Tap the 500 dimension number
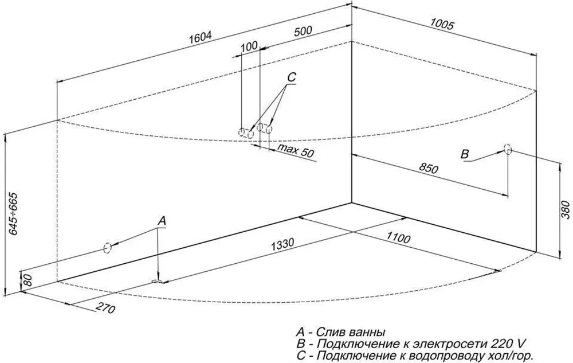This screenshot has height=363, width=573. [303, 32]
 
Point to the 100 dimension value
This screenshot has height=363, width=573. [249, 46]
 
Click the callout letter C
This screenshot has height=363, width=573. [291, 77]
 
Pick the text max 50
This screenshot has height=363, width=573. [296, 152]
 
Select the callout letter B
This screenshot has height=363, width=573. [465, 154]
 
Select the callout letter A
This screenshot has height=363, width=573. [162, 221]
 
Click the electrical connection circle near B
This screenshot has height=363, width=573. [507, 149]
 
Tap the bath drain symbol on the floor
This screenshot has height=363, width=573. [157, 281]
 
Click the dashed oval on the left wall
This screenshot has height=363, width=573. [106, 248]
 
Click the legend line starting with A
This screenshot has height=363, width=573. [340, 332]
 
